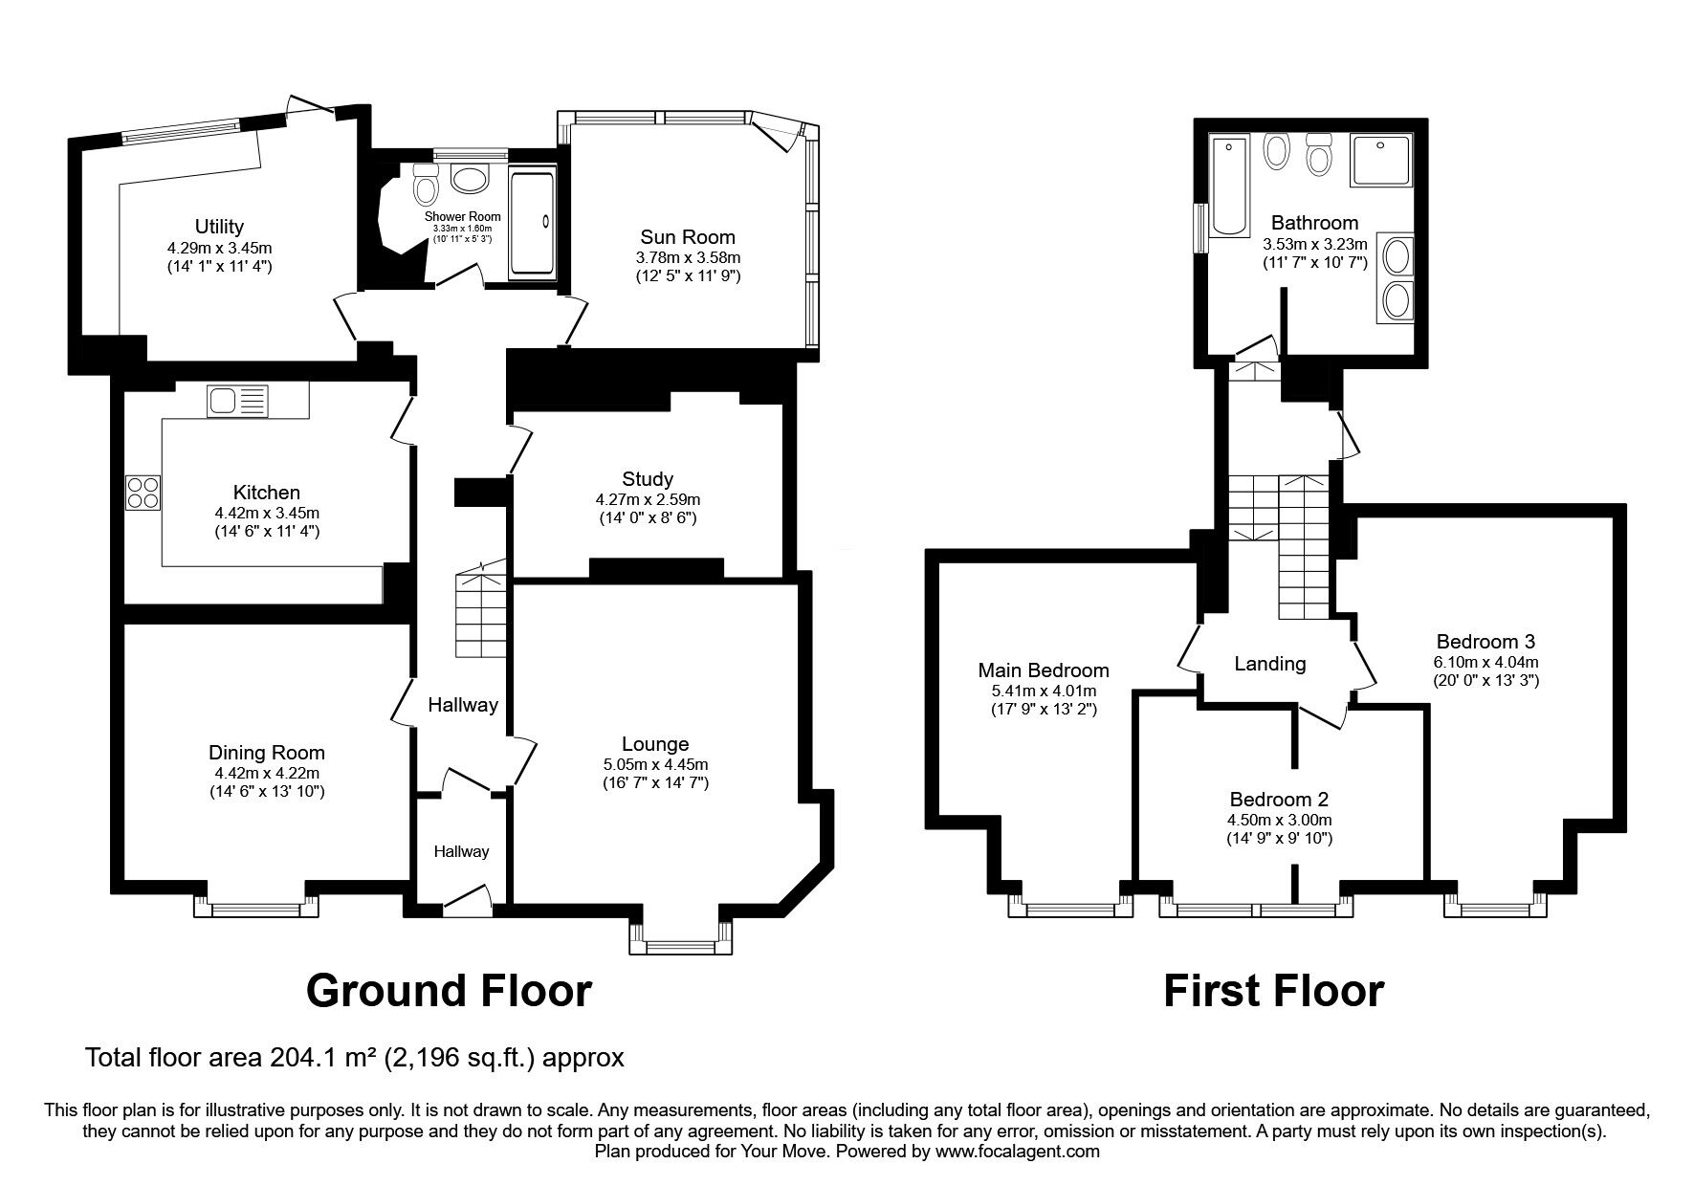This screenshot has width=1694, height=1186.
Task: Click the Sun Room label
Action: (x=688, y=237)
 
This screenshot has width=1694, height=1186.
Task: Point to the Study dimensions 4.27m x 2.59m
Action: (x=648, y=499)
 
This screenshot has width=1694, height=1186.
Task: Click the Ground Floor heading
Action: (x=449, y=990)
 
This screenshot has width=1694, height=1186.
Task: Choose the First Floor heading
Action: (x=1273, y=990)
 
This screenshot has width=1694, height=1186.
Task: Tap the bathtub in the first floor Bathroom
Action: (x=1229, y=186)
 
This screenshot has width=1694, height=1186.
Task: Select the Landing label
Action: (x=1270, y=664)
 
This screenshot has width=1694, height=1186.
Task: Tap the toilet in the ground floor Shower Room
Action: (x=425, y=184)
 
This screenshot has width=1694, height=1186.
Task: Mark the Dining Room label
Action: (x=267, y=753)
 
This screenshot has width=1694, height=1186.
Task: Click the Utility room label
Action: (x=219, y=227)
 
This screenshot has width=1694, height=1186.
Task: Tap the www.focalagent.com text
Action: (x=1019, y=1152)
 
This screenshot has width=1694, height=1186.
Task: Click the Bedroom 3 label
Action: (x=1485, y=642)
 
